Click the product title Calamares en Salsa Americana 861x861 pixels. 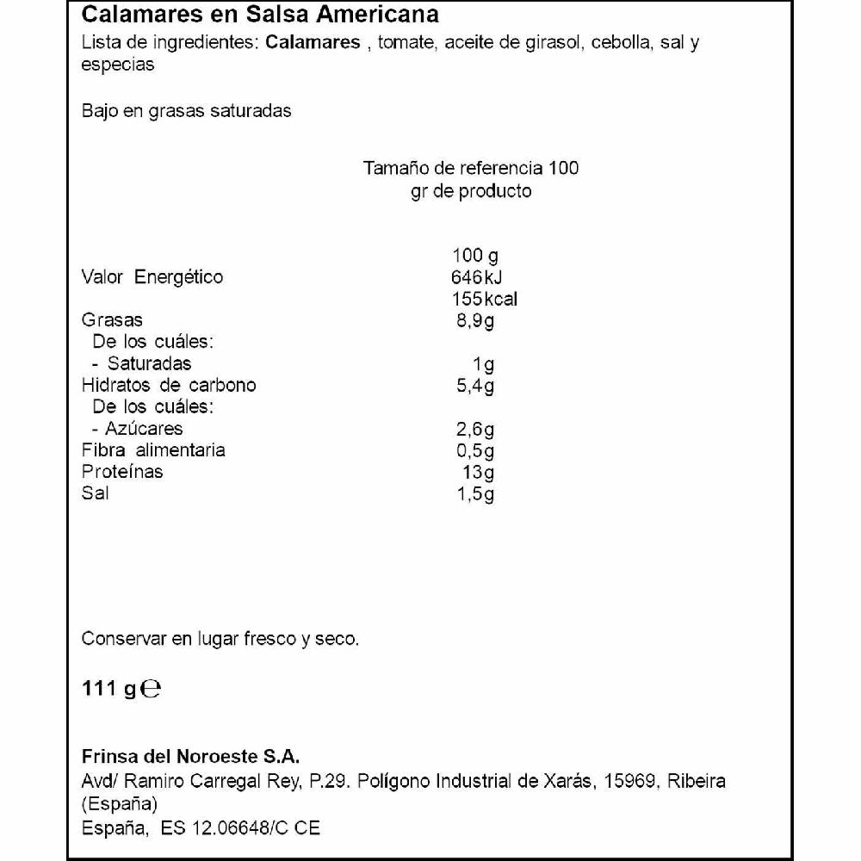(x=260, y=15)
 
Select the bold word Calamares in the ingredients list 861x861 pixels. (x=313, y=43)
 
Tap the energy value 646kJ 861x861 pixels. (x=476, y=277)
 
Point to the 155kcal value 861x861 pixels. (x=485, y=300)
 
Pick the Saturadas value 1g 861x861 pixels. (x=484, y=363)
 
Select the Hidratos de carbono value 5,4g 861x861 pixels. (x=475, y=385)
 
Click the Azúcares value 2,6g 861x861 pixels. (x=475, y=429)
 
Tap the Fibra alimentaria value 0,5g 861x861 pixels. (x=475, y=450)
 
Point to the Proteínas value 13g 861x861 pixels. (x=479, y=472)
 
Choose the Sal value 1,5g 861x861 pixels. (x=475, y=493)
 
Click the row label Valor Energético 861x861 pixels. (x=152, y=277)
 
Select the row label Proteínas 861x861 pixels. (x=122, y=472)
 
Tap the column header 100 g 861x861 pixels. (x=475, y=256)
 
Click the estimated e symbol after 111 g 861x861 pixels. (x=150, y=689)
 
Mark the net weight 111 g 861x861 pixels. (x=109, y=689)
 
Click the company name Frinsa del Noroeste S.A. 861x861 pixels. (x=190, y=757)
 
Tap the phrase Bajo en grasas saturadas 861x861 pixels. (x=186, y=111)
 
